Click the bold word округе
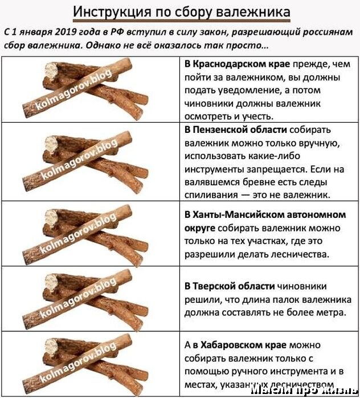pyautogui.click(x=199, y=228)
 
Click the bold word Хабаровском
pyautogui.click(x=232, y=345)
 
